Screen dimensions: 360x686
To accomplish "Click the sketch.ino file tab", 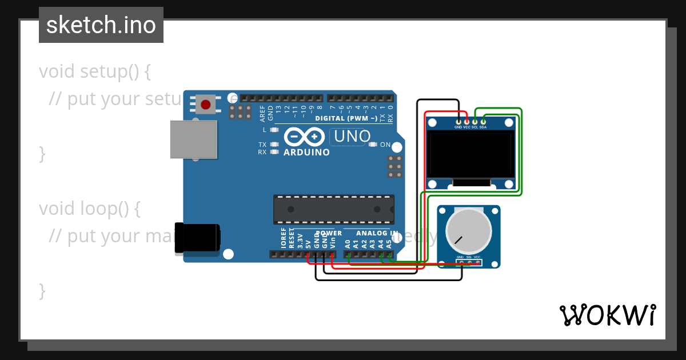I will coord(101,25).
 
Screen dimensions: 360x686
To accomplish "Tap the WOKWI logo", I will coord(607,315).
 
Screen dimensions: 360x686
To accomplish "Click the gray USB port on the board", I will coord(194,139).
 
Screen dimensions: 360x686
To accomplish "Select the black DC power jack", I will coord(197,238).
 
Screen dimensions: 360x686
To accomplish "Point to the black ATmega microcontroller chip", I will coord(334,209).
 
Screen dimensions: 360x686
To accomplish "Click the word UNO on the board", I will coord(352,137).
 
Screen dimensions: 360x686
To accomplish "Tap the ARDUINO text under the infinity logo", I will coord(306,153).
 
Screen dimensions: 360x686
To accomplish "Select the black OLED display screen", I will coord(472,154).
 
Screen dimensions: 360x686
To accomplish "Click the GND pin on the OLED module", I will coord(458,121).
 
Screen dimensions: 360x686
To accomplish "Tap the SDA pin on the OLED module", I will coord(483,121).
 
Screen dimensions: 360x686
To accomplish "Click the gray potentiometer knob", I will coord(468,231).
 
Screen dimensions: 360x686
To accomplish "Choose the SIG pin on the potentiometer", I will coord(469,263).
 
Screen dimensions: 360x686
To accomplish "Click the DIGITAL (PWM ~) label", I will coord(346,118).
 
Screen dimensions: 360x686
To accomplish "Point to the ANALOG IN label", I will coord(377,233).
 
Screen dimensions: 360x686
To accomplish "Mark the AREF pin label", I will coord(263,113).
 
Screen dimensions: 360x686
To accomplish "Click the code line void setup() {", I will coord(95,72).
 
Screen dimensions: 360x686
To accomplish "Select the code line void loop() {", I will coord(90,209).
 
